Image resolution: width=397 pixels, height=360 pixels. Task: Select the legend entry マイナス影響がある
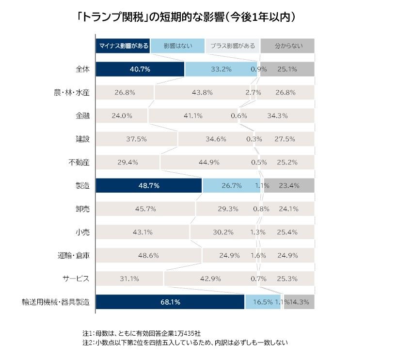tap(123, 46)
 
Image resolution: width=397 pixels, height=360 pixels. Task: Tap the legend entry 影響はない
tap(177, 46)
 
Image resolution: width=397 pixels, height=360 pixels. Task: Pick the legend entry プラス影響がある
tap(233, 46)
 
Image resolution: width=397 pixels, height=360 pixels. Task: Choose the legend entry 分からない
tap(288, 46)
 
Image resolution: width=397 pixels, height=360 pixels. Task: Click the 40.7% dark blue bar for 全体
tap(140, 69)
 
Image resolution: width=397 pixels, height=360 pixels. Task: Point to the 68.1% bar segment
tap(170, 302)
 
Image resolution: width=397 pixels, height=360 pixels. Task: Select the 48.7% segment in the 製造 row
tap(148, 186)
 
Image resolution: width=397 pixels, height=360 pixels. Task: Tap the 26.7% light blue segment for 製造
tap(231, 186)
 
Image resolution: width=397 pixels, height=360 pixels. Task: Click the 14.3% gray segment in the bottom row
tap(300, 302)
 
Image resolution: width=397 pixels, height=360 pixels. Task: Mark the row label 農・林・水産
tap(72, 93)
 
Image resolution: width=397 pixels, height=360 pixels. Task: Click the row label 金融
tap(82, 116)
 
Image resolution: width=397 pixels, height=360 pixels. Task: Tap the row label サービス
tap(76, 278)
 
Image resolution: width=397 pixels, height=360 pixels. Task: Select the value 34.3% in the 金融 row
tap(277, 116)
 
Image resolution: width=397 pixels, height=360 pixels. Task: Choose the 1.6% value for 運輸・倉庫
tap(258, 255)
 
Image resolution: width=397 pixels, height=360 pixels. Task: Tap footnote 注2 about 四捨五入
tap(185, 343)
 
